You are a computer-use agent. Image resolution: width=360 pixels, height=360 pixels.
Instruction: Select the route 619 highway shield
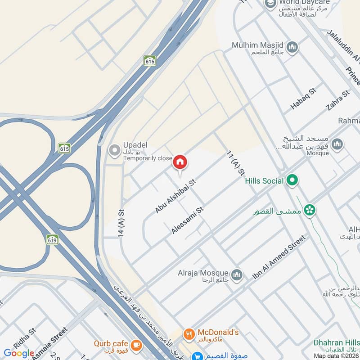pyautogui.click(x=52, y=239)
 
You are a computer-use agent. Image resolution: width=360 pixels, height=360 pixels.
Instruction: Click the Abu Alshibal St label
pyautogui.click(x=176, y=196)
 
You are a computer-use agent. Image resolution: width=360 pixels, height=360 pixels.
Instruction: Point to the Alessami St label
pyautogui.click(x=188, y=220)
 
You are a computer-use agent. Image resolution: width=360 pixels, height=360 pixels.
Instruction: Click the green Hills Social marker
pyautogui.click(x=292, y=181)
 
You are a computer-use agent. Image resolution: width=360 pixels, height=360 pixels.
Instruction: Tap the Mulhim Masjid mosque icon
pyautogui.click(x=292, y=47)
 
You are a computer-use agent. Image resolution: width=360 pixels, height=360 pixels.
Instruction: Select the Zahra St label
pyautogui.click(x=338, y=101)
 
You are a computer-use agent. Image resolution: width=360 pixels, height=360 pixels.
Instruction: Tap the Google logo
pyautogui.click(x=19, y=353)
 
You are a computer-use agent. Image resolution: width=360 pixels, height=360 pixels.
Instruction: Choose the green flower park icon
pyautogui.click(x=310, y=209)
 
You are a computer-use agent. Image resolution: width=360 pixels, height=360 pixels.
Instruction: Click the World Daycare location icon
pyautogui.click(x=270, y=4)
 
